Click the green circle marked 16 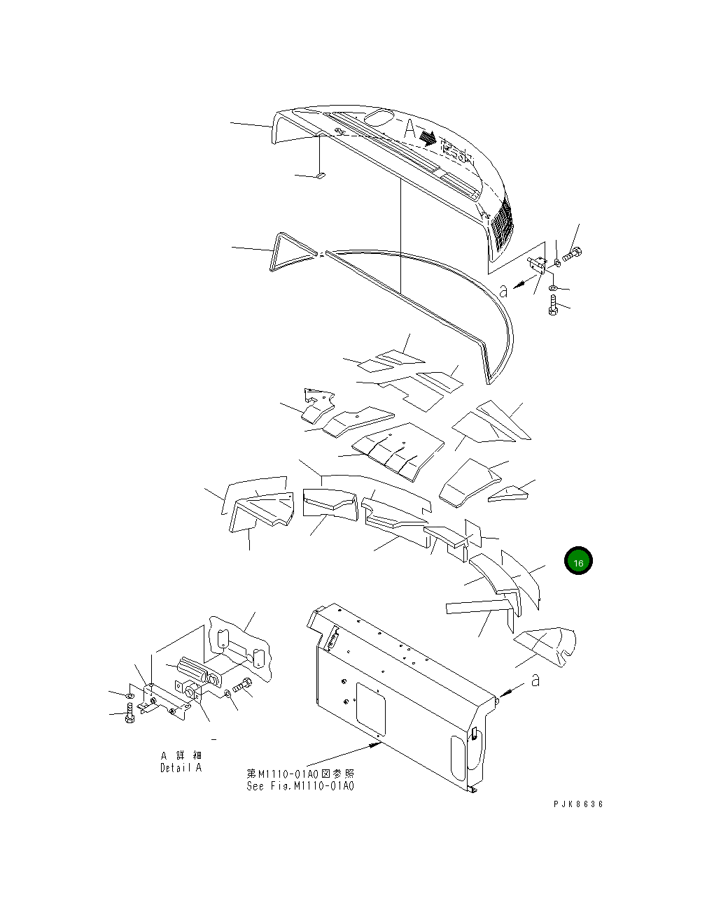click(x=578, y=562)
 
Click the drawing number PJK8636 click(x=577, y=804)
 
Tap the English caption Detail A click(x=181, y=768)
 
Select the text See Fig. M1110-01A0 click(x=300, y=785)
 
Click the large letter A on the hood click(x=409, y=129)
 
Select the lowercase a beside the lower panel click(x=535, y=679)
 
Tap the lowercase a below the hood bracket click(x=503, y=290)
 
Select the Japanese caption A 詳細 click(x=181, y=755)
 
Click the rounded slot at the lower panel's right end click(x=456, y=758)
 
